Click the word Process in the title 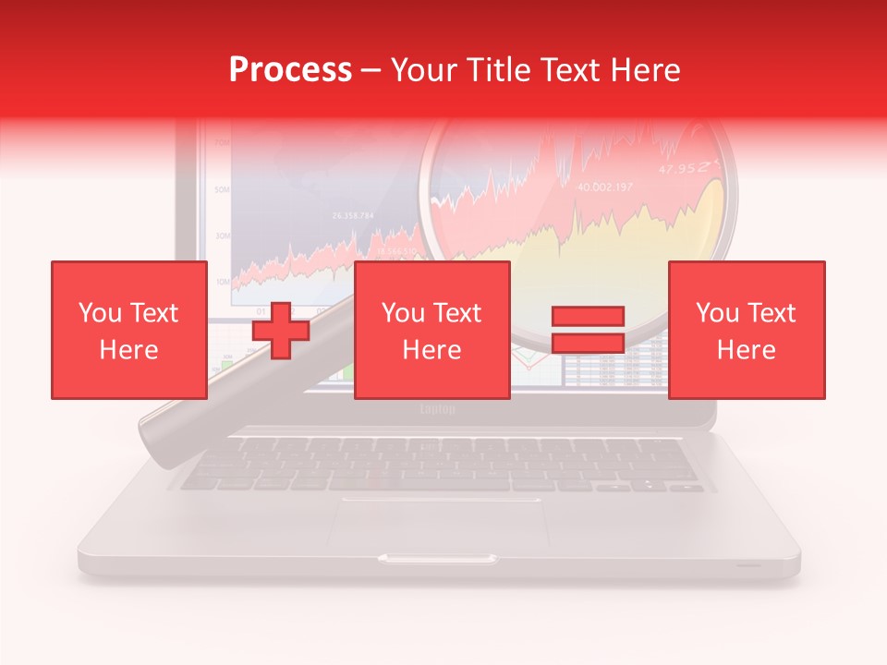point(290,70)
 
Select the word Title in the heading point(500,70)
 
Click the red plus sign point(281,330)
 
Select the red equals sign point(588,330)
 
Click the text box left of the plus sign point(129,330)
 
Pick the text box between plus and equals point(431,330)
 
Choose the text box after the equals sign point(746,330)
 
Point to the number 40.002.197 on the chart point(605,187)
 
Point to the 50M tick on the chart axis point(223,189)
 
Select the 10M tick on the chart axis point(223,280)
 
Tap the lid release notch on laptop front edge point(437,559)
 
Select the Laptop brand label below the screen point(437,409)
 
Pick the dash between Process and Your point(371,70)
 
